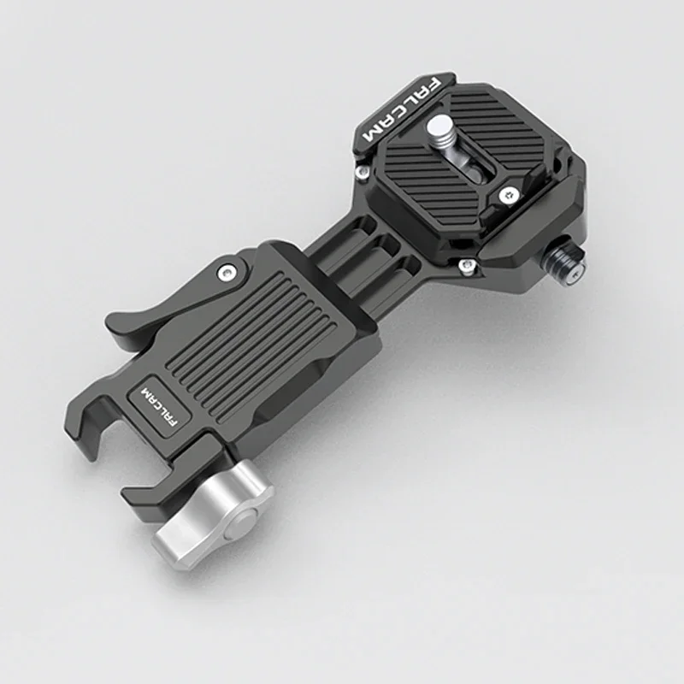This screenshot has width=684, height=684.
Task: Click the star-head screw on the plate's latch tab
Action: (x=510, y=195)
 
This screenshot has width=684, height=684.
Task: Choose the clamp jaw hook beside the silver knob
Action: (x=145, y=496)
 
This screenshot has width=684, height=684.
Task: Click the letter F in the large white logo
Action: (x=433, y=85)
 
